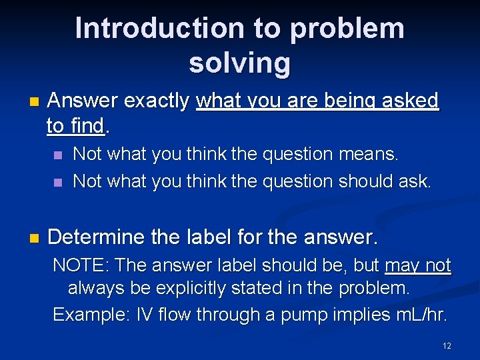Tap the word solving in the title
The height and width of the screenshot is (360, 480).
pos(239,63)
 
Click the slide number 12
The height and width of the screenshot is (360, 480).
pos(447,345)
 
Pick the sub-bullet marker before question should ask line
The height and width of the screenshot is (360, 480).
pos(58,182)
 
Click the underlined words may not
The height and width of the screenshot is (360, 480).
pos(418,265)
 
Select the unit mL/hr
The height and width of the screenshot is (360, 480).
pos(420,313)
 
